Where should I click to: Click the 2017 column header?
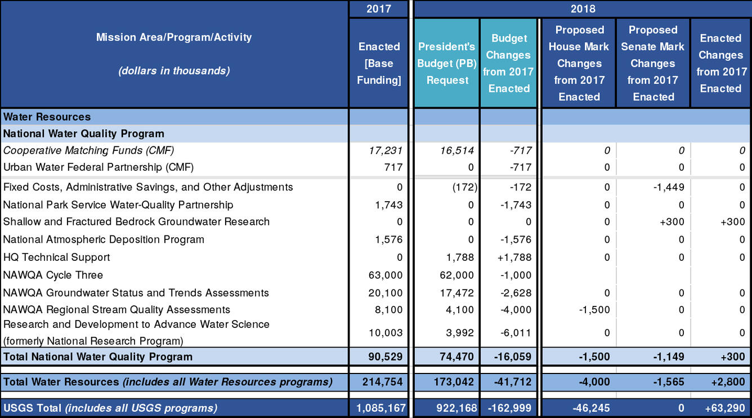click(378, 9)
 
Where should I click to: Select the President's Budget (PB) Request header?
click(447, 63)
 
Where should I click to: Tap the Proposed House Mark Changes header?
click(579, 63)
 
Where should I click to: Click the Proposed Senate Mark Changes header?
click(653, 63)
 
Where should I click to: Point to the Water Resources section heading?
click(47, 117)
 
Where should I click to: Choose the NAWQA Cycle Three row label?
click(53, 275)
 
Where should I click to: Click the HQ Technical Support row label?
click(57, 257)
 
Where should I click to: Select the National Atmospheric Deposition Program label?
click(104, 239)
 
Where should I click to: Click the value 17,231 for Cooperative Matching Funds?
click(386, 150)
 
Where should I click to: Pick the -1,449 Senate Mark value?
click(668, 187)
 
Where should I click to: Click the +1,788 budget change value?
click(515, 257)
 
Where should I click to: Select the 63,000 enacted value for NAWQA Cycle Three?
click(386, 275)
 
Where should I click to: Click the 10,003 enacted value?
click(386, 332)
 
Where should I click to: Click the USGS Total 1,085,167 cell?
click(380, 407)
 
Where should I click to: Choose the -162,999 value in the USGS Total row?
click(509, 407)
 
